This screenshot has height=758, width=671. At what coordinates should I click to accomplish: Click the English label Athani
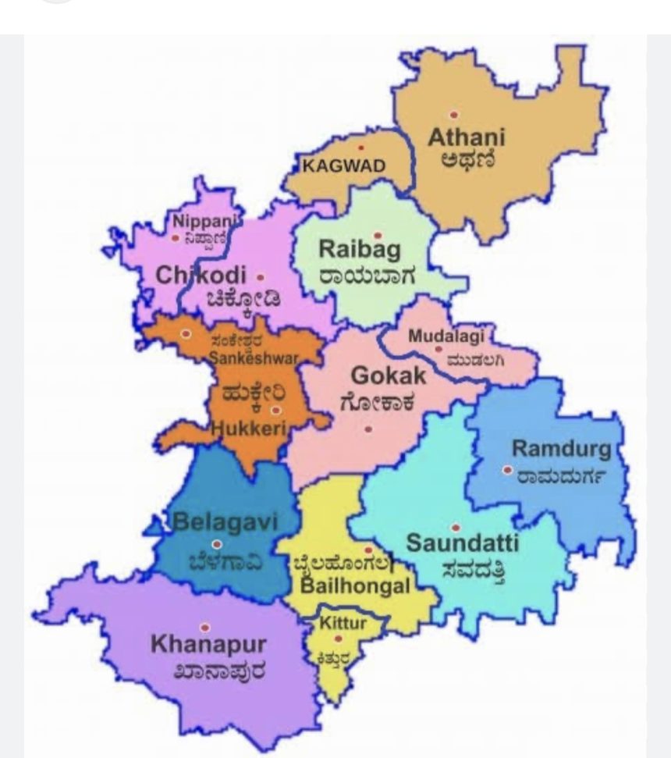(467, 137)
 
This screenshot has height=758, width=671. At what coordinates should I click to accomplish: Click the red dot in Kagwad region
(360, 148)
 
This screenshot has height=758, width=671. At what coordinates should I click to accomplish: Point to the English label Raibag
(360, 250)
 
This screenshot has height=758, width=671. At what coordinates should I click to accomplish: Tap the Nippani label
(197, 220)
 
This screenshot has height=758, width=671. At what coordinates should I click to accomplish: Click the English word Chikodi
(201, 276)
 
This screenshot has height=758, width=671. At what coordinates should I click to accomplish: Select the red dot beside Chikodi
(260, 276)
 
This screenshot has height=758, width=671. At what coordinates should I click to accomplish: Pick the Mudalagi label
(446, 336)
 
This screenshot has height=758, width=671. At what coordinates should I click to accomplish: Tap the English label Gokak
(388, 375)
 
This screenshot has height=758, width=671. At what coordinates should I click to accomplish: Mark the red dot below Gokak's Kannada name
(368, 429)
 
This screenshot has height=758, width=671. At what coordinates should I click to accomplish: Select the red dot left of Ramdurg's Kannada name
(507, 470)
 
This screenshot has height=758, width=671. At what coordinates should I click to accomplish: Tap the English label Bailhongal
(354, 586)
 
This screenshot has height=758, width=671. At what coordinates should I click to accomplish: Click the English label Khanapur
(208, 645)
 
